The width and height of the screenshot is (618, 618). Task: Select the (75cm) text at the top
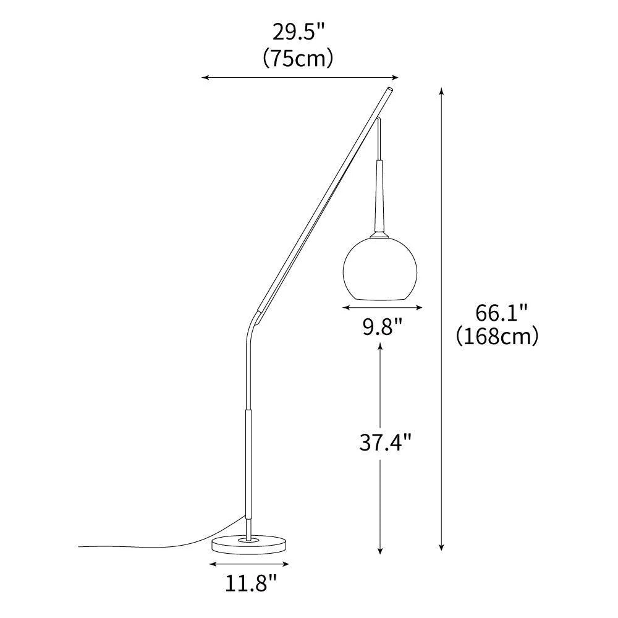point(298,58)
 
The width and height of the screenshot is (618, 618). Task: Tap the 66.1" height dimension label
point(501,313)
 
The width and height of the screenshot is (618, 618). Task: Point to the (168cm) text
point(498,336)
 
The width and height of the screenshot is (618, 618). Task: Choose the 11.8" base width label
point(250,583)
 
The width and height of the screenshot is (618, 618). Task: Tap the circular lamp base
point(250,544)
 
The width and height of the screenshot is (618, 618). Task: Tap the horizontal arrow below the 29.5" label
point(300,78)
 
